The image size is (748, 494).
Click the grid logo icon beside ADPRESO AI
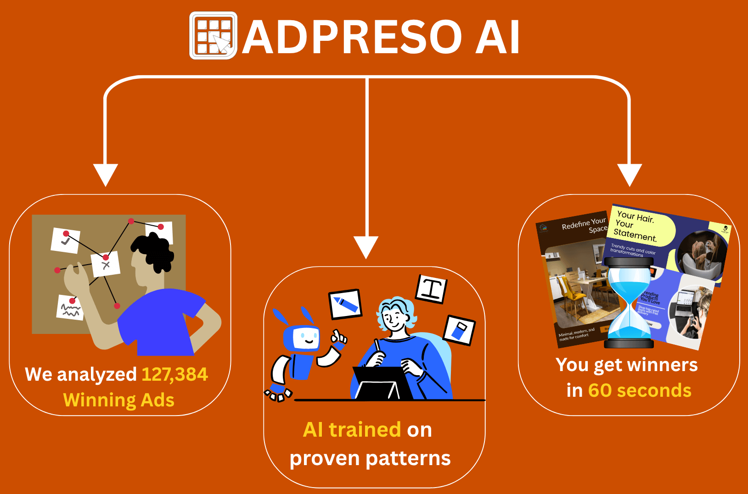click(x=213, y=36)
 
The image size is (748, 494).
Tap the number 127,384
click(x=174, y=374)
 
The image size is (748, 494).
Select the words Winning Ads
click(x=118, y=400)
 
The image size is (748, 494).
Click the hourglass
click(x=629, y=303)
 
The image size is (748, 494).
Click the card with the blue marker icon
click(x=346, y=304)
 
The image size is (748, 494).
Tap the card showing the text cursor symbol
click(x=431, y=289)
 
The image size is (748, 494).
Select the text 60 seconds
click(x=640, y=391)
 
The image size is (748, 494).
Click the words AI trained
click(x=352, y=430)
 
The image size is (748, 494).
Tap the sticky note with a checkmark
click(x=65, y=240)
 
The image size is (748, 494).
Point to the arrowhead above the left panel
click(x=106, y=174)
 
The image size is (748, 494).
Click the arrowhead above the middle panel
click(x=366, y=247)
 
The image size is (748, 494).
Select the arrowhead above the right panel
click(x=630, y=174)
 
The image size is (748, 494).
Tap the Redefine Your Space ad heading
click(x=584, y=225)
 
